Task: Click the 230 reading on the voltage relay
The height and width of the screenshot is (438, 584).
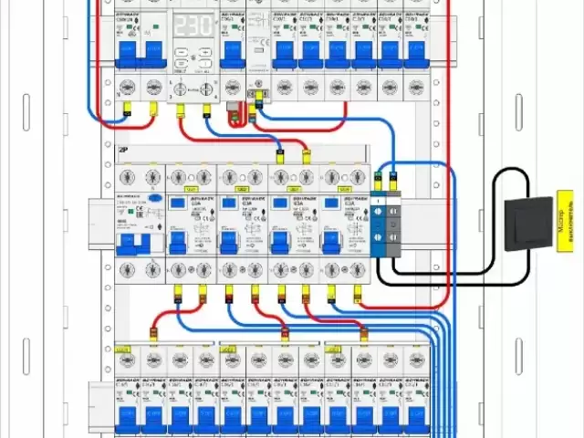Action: click(193, 26)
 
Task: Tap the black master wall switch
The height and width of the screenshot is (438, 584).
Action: click(529, 222)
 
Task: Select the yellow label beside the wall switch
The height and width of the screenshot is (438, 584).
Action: click(566, 222)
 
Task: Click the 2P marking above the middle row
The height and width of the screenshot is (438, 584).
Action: click(123, 148)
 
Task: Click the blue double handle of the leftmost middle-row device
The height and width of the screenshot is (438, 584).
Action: click(132, 242)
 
